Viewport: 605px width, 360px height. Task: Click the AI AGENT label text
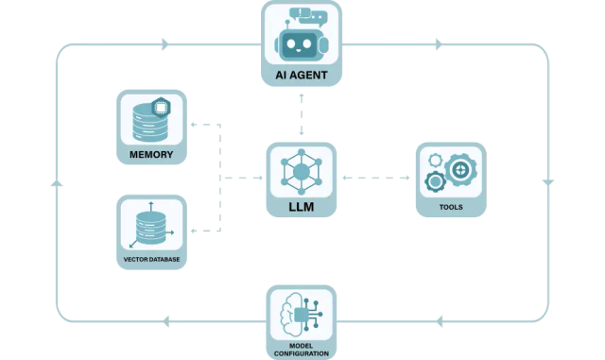tap(302, 74)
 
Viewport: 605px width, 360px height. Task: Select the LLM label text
tap(302, 204)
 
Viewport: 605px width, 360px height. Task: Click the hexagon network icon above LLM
tap(302, 171)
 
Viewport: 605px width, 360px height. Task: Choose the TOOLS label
tap(451, 207)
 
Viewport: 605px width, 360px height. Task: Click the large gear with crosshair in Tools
tap(460, 170)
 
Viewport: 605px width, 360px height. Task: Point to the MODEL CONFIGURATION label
tap(302, 348)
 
